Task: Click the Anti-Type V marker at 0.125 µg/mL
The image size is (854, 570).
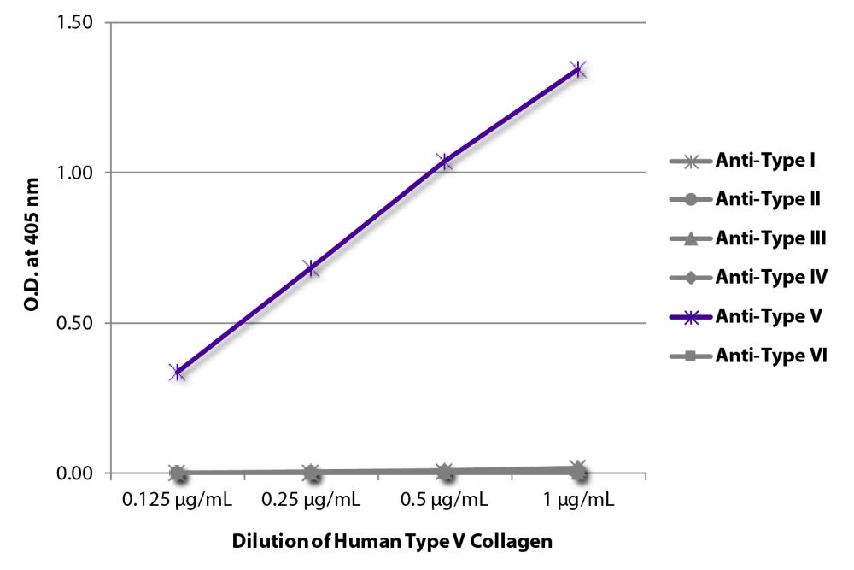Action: click(x=178, y=372)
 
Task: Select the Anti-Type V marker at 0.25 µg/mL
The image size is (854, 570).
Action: click(x=312, y=268)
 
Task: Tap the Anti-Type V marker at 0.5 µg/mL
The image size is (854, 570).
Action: click(x=444, y=161)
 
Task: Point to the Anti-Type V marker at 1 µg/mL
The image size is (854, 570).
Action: click(x=578, y=69)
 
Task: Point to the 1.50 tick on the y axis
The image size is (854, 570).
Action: click(x=76, y=22)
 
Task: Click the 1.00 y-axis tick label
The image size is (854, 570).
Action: click(x=76, y=173)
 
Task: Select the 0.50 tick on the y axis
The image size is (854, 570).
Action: click(x=76, y=323)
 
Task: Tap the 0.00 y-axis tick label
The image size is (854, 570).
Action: click(x=76, y=473)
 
